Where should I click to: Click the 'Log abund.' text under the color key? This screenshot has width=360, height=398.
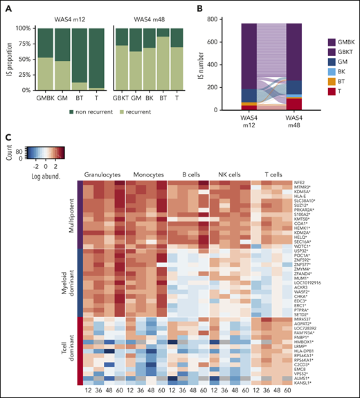(48, 169)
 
